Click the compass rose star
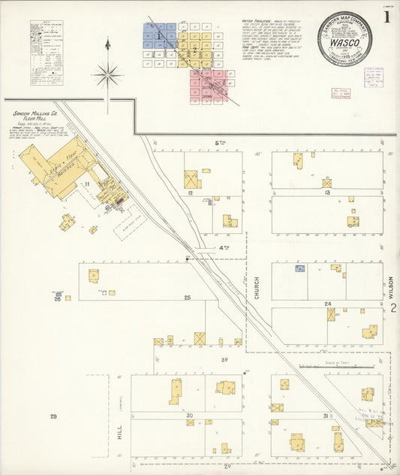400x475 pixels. (x=108, y=74)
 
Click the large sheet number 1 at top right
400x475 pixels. (x=386, y=16)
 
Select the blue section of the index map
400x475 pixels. (x=159, y=35)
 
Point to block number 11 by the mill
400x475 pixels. (x=87, y=183)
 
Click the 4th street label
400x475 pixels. (x=224, y=247)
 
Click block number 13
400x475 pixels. (x=327, y=193)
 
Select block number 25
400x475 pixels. (x=187, y=298)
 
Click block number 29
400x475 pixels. (x=53, y=416)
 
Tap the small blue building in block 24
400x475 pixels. (x=300, y=268)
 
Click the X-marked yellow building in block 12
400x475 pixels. (x=192, y=180)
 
